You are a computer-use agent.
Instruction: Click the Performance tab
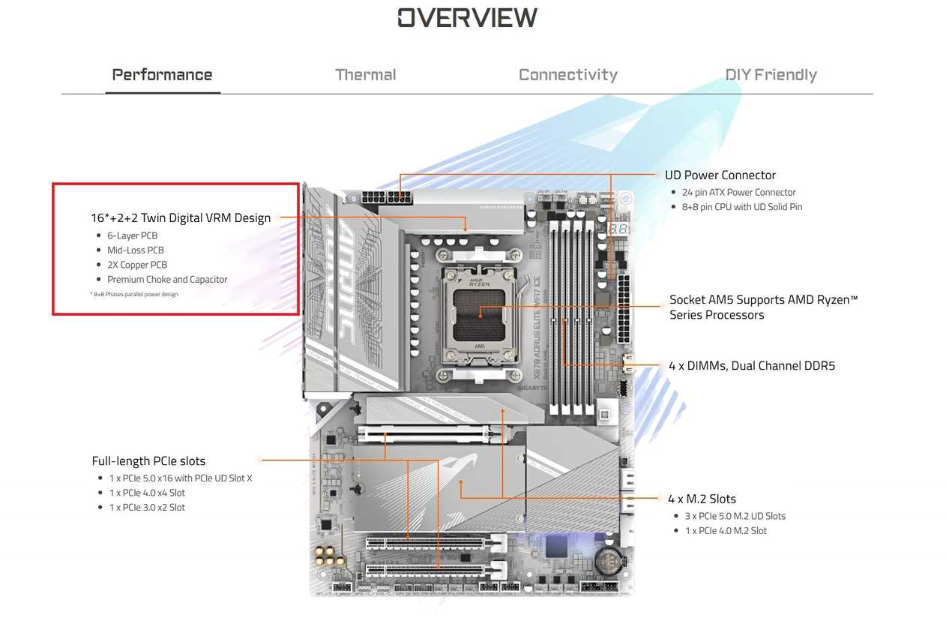[x=162, y=75]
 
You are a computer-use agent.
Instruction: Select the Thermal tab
[x=365, y=75]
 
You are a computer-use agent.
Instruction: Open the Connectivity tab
[x=567, y=75]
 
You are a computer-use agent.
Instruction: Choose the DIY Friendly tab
[x=771, y=75]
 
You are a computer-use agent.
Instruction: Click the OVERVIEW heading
[x=467, y=17]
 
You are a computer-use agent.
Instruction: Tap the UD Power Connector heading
[x=720, y=175]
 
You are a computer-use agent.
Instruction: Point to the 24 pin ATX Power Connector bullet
[x=738, y=193]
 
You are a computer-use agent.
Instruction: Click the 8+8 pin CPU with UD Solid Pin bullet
[x=741, y=207]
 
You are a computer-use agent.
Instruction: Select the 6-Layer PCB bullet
[x=132, y=235]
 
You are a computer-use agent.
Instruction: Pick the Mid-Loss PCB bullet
[x=135, y=250]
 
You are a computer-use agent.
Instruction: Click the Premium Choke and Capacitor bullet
[x=166, y=280]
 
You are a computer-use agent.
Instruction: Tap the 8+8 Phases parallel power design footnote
[x=134, y=294]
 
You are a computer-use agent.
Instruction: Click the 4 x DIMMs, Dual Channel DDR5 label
[x=751, y=366]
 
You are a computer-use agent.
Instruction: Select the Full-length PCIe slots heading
[x=148, y=461]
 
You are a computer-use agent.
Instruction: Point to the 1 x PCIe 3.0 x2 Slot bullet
[x=147, y=508]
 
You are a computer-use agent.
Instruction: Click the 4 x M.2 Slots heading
[x=702, y=499]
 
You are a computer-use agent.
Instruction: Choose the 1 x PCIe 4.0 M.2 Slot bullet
[x=726, y=531]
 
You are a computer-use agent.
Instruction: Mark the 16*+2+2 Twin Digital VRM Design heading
[x=181, y=218]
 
